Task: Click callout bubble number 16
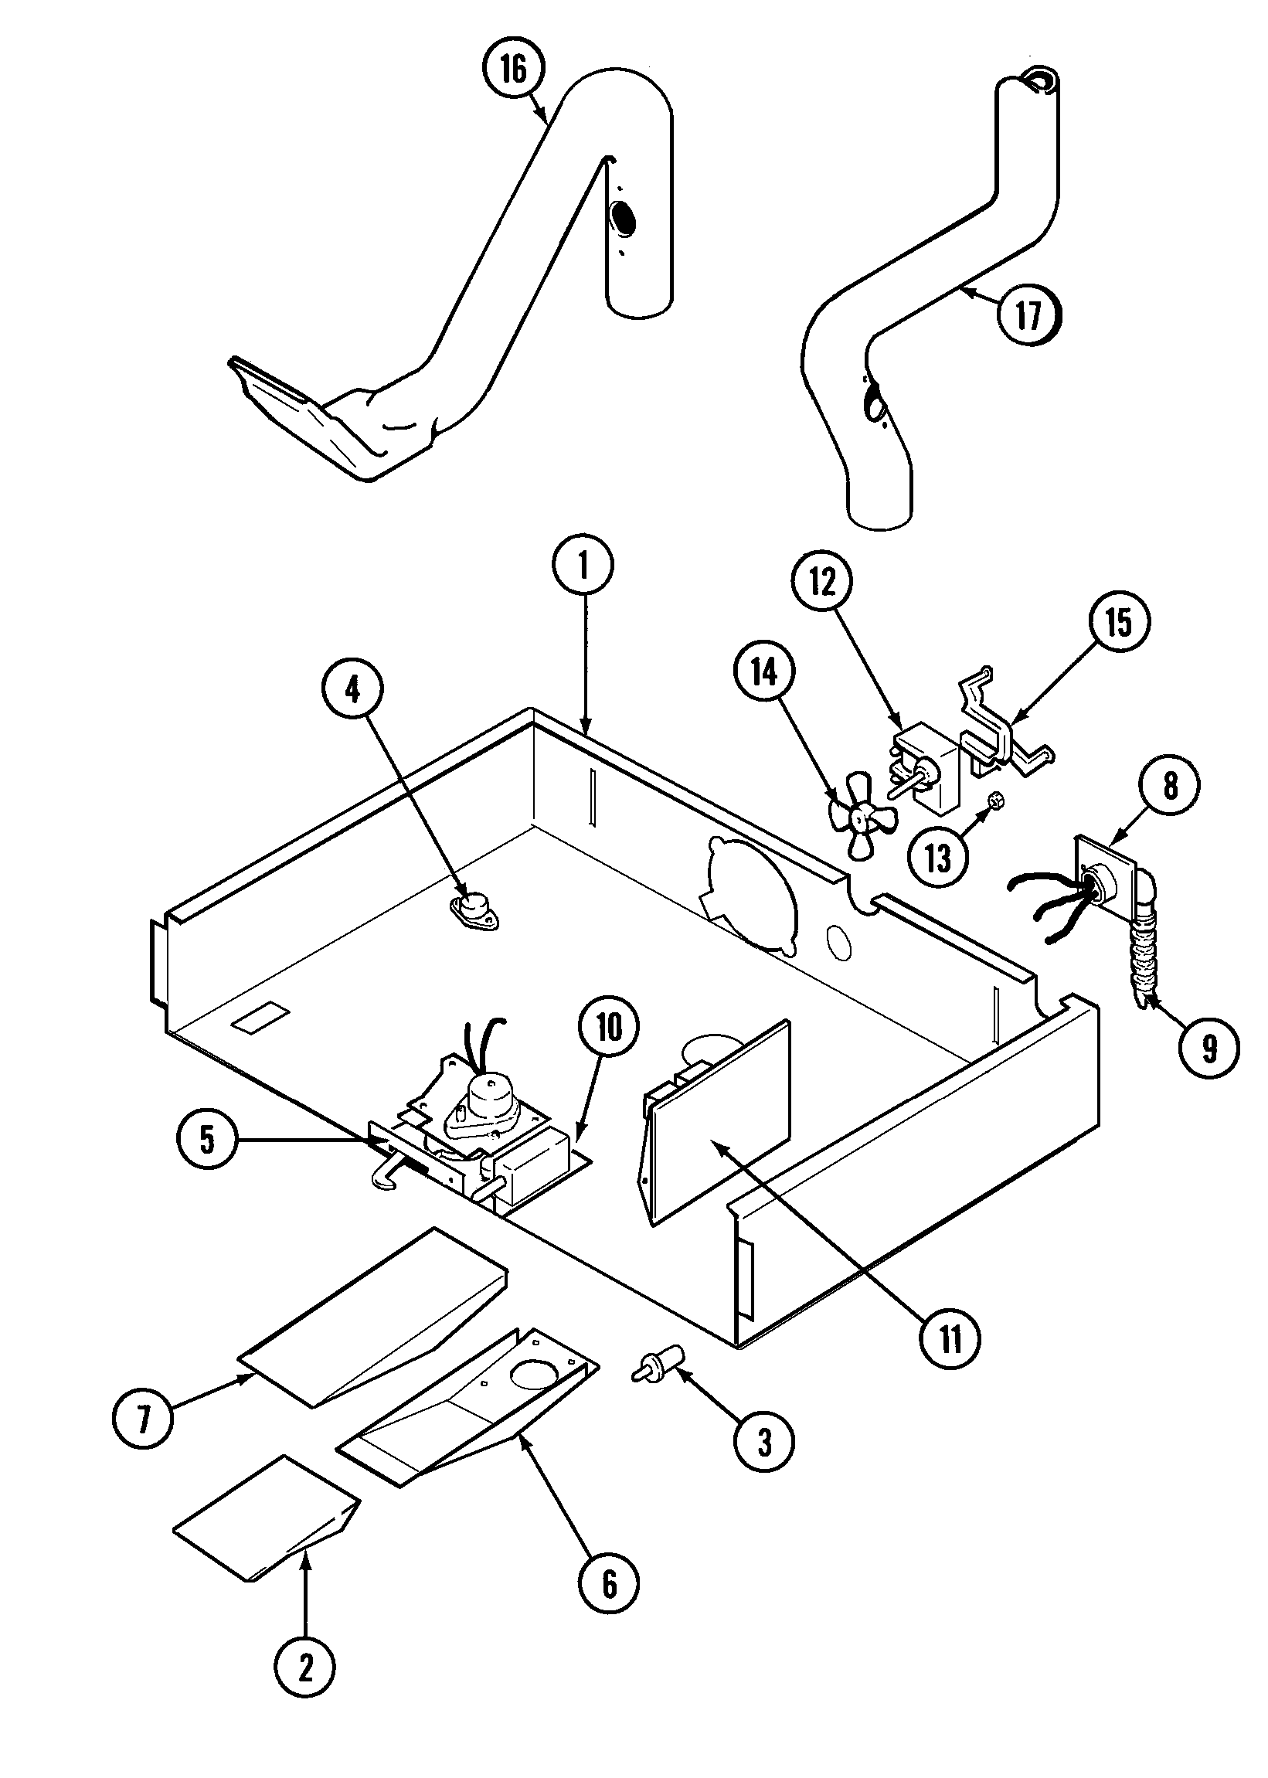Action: [x=513, y=70]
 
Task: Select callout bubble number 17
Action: [x=1030, y=314]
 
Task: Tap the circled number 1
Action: [x=583, y=566]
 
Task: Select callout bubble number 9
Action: [x=1209, y=1049]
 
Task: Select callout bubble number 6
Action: [x=608, y=1583]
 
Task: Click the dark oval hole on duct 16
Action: [x=623, y=218]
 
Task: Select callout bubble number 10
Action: [x=610, y=1028]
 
